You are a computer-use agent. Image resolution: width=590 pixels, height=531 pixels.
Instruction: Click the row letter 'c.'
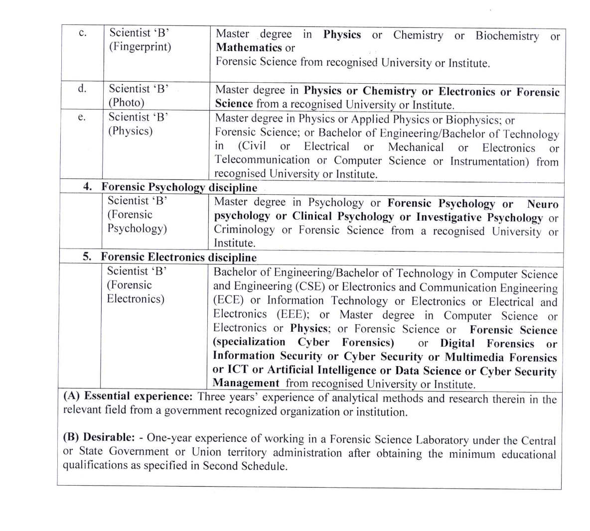click(83, 33)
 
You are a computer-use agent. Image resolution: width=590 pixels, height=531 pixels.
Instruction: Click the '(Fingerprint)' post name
click(140, 47)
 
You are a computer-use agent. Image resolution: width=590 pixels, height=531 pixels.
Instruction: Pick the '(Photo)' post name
click(127, 103)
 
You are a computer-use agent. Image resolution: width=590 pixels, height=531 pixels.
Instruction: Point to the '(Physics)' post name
click(131, 131)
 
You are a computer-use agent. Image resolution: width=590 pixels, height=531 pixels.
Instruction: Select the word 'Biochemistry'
click(507, 36)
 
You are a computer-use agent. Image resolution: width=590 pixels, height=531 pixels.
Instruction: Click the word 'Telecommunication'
click(262, 160)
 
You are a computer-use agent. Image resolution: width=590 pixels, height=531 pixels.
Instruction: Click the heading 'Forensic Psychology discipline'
click(179, 188)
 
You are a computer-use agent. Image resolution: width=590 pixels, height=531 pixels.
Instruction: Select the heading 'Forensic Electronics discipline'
click(178, 258)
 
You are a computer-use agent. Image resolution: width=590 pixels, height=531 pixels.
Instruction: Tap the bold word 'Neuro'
click(543, 204)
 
